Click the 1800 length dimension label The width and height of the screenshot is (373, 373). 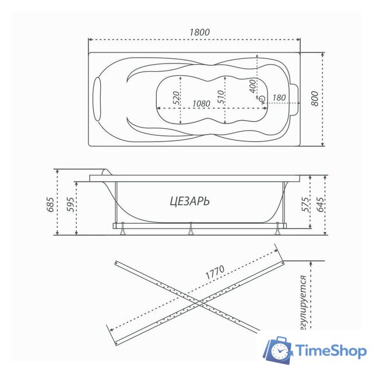click(x=195, y=32)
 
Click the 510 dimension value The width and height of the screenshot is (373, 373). click(x=222, y=97)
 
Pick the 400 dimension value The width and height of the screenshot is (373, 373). click(x=252, y=86)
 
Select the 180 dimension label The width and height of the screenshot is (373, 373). click(x=279, y=97)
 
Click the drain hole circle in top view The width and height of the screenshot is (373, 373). click(x=262, y=100)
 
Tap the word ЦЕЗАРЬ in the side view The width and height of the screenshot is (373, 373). click(x=190, y=201)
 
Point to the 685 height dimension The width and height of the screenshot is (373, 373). click(x=51, y=204)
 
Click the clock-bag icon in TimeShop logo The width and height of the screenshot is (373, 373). click(x=277, y=350)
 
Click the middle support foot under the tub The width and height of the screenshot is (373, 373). click(x=190, y=231)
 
